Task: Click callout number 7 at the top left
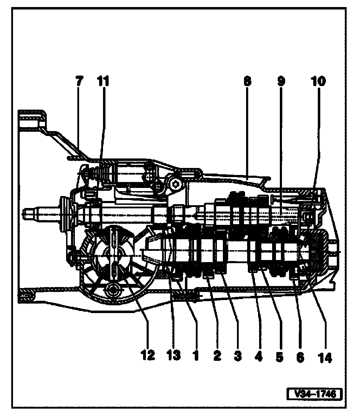click(x=78, y=81)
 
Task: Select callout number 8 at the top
click(x=247, y=81)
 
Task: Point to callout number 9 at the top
click(x=281, y=81)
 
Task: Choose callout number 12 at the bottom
click(x=148, y=356)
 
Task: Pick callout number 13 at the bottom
click(x=173, y=356)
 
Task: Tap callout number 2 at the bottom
click(x=217, y=356)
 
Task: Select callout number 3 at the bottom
click(x=238, y=356)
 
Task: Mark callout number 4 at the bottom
click(x=258, y=356)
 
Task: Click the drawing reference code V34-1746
click(x=314, y=393)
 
